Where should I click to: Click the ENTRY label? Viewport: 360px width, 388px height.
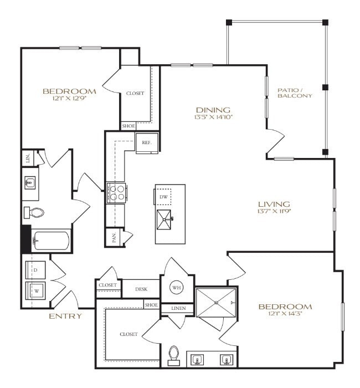pyautogui.click(x=65, y=316)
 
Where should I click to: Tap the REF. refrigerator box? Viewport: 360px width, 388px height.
pyautogui.click(x=147, y=142)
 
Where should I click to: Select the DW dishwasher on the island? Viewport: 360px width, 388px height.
pyautogui.click(x=163, y=197)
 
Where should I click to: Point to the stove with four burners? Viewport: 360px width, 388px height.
pyautogui.click(x=117, y=192)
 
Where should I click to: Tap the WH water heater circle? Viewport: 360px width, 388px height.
pyautogui.click(x=177, y=288)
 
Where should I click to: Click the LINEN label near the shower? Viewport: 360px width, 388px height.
pyautogui.click(x=178, y=308)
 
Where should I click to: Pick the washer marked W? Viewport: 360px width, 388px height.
pyautogui.click(x=36, y=291)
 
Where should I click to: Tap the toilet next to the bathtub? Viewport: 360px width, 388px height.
pyautogui.click(x=35, y=212)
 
